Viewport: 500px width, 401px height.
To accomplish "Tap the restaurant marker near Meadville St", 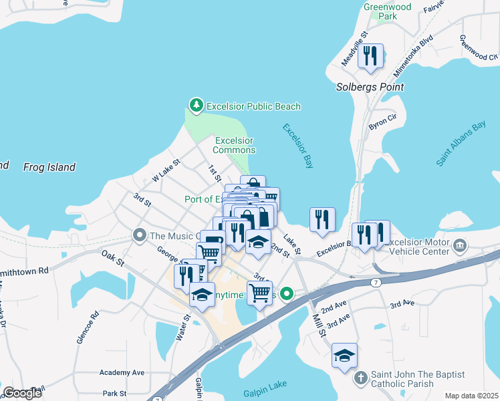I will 370,55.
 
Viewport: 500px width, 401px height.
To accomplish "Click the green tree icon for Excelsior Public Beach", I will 196,106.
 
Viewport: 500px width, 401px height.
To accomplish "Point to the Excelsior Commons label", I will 233,145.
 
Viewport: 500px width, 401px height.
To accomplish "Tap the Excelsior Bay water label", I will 297,145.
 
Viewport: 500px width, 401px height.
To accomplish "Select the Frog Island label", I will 49,167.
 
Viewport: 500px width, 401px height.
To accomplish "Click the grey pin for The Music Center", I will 139,235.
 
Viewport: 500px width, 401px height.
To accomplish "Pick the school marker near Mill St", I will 344,355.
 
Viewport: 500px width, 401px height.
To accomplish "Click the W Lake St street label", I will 166,170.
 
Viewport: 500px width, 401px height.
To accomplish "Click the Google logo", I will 23,393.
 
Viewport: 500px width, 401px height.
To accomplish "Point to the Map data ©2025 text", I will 471,396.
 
